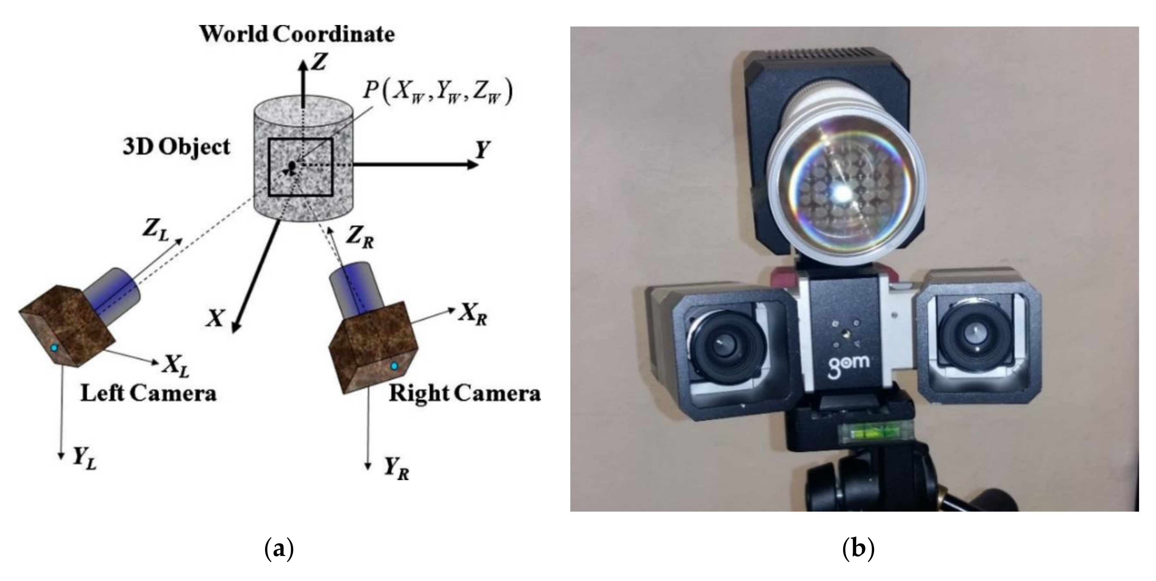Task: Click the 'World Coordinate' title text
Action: pos(297,35)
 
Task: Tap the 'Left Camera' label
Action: pos(148,393)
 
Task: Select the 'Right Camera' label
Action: pos(464,393)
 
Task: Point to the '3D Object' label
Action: pos(177,147)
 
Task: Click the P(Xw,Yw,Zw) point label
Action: pos(437,92)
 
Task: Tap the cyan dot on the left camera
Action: pos(54,348)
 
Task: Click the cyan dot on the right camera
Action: pos(394,366)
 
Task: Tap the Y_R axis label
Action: pos(396,470)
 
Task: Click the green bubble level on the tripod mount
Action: pos(860,434)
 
